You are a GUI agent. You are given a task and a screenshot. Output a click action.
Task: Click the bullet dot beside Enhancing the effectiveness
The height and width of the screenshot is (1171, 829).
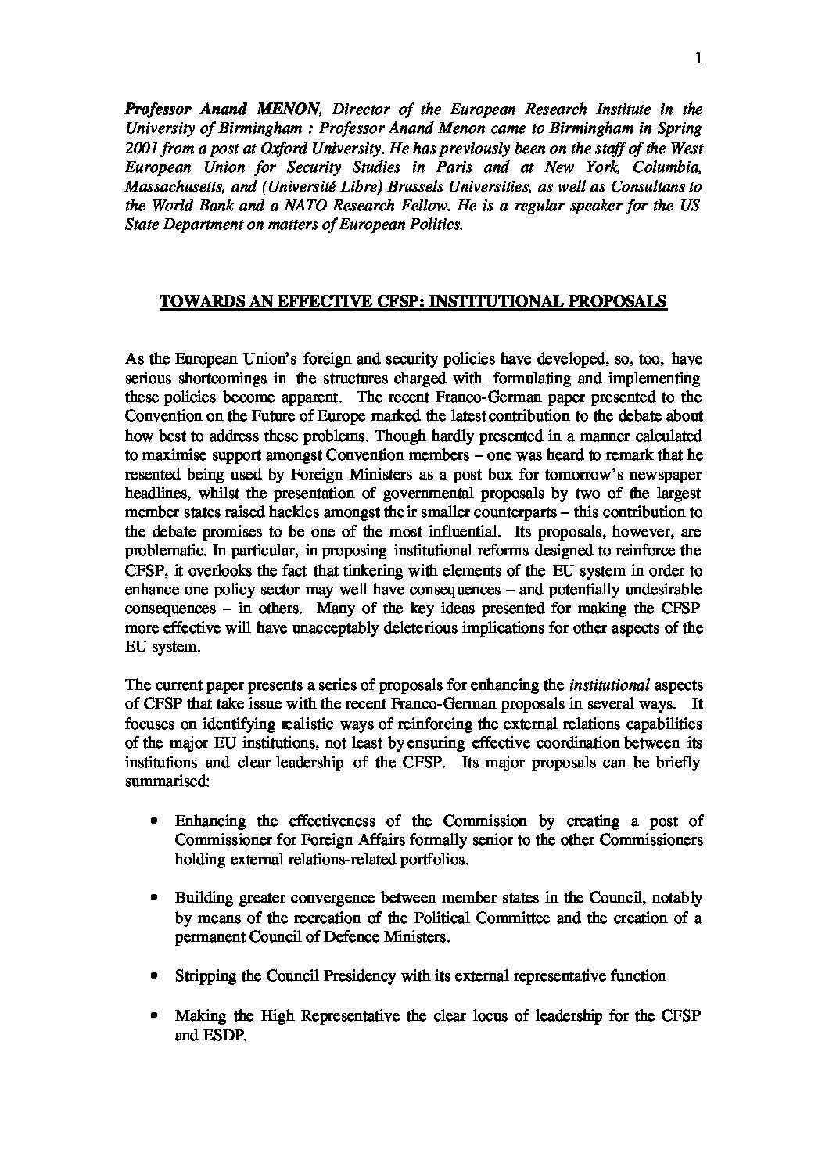[155, 821]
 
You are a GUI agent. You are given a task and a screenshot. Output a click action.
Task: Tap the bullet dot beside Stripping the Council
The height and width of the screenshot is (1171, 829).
[155, 976]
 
